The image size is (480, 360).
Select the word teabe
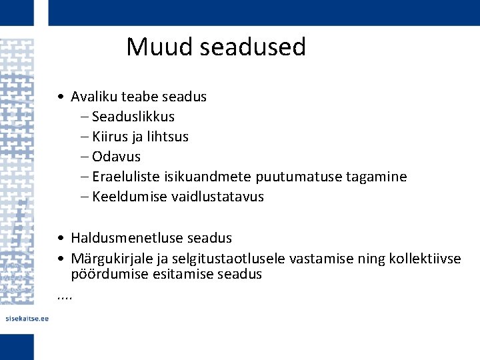[139, 97]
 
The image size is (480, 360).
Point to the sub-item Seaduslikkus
[133, 117]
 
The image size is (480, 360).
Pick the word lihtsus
[167, 137]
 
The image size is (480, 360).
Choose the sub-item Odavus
[117, 157]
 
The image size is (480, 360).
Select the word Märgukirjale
[111, 258]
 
